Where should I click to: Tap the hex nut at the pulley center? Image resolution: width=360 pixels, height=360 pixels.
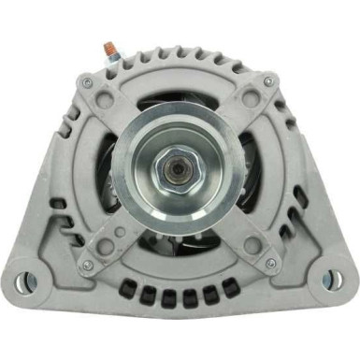180,174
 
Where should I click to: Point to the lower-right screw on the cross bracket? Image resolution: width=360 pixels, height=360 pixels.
272,266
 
